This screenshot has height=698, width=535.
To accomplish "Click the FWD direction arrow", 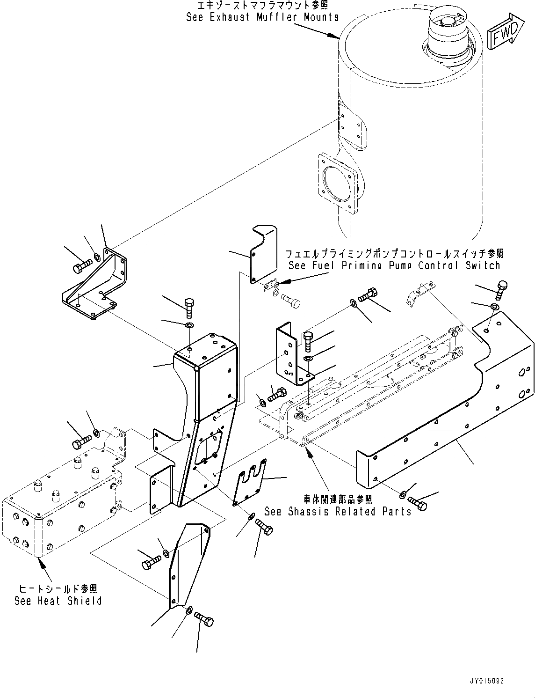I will click(506, 32).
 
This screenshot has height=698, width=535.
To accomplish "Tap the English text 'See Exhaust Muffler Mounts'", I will click(262, 17).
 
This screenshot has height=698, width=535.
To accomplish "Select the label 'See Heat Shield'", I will click(58, 601).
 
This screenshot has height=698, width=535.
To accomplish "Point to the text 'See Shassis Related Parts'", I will click(338, 511).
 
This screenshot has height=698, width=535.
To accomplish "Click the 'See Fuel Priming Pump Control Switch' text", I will click(394, 265).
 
